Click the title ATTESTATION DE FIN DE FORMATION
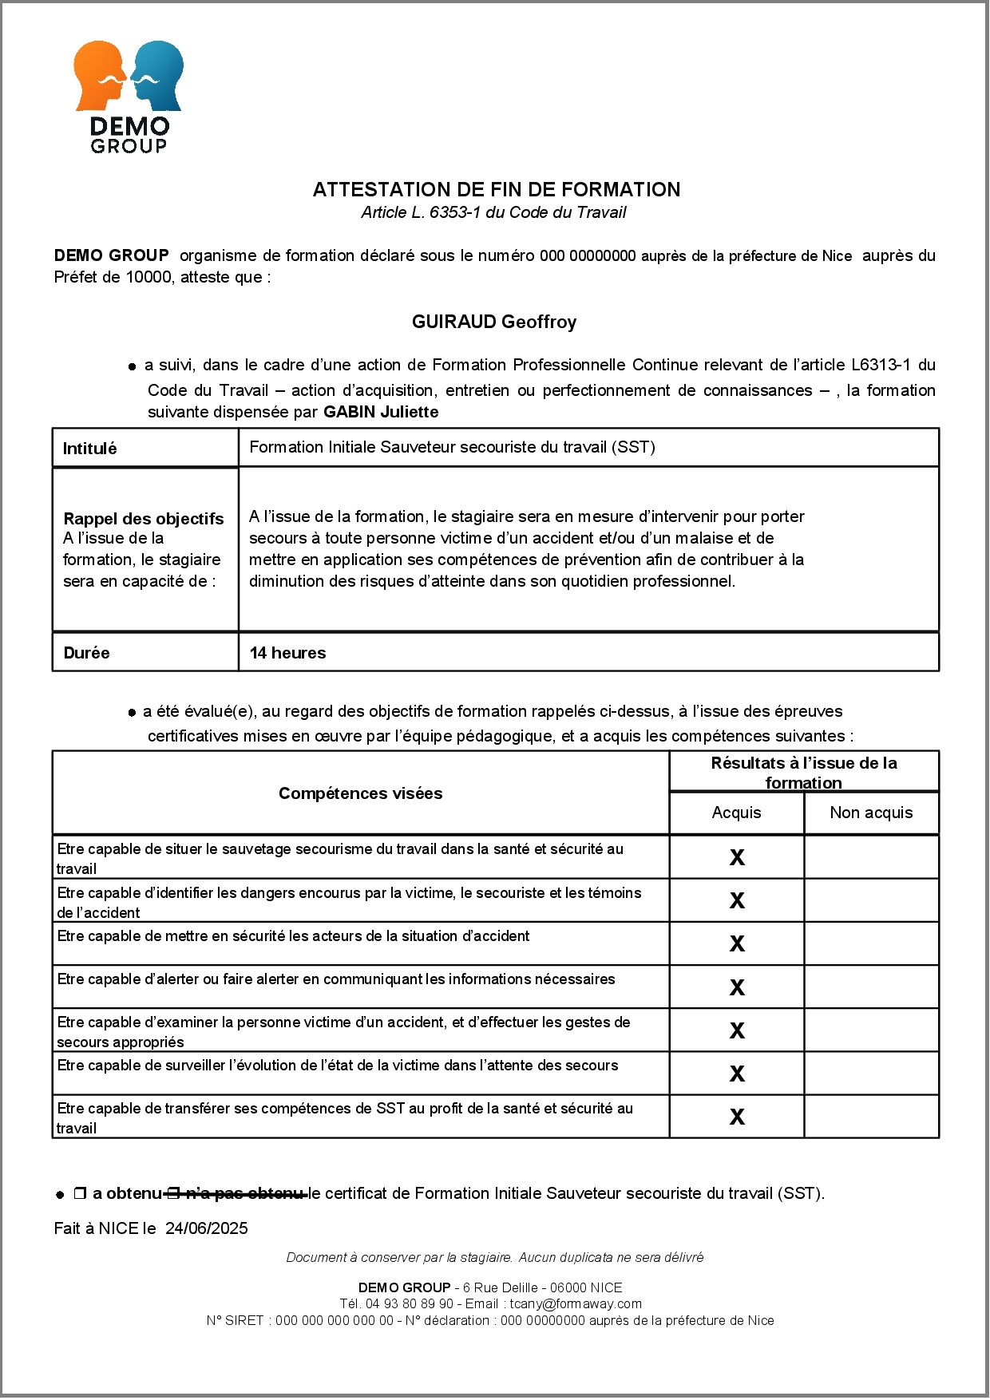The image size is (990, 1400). [x=496, y=190]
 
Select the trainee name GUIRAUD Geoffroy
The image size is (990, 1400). [x=493, y=322]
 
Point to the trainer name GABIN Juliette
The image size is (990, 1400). [x=381, y=412]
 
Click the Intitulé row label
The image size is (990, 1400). [x=89, y=449]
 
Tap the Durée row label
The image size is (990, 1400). [x=86, y=653]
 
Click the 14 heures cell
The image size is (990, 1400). [x=287, y=653]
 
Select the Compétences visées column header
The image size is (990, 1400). [x=360, y=793]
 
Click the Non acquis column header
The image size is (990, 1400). [x=870, y=813]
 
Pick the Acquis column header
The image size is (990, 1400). [x=736, y=813]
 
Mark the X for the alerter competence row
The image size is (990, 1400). [x=737, y=987]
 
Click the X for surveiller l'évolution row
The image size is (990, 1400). [x=737, y=1074]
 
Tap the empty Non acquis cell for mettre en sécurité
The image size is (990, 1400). [x=871, y=944]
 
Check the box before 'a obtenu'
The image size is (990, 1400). [x=80, y=1194]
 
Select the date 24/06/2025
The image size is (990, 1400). [x=207, y=1228]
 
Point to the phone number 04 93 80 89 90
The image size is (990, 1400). [x=410, y=1303]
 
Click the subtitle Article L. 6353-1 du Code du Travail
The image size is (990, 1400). [x=493, y=212]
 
